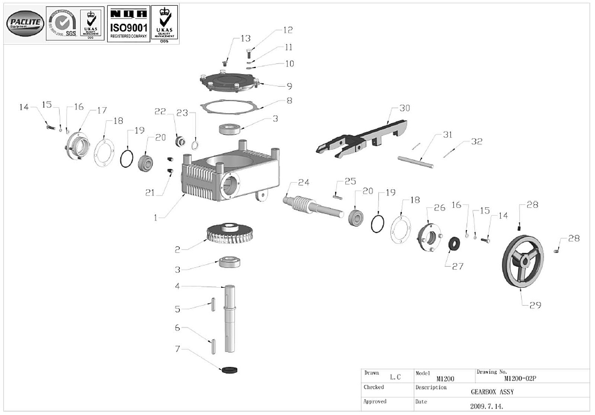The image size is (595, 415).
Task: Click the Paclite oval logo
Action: click(25, 23)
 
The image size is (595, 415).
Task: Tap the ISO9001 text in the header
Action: click(129, 28)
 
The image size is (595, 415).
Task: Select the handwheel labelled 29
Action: click(523, 259)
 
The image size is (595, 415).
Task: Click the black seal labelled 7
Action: click(228, 370)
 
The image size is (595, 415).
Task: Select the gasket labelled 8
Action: click(230, 106)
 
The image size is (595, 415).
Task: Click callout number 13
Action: click(246, 38)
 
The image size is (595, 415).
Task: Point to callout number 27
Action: click(457, 266)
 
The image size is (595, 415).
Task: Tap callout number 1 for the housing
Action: click(156, 218)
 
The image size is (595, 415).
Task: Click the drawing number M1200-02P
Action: click(520, 379)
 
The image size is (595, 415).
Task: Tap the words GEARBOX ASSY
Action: click(492, 392)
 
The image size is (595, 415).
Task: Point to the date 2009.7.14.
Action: click(487, 406)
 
